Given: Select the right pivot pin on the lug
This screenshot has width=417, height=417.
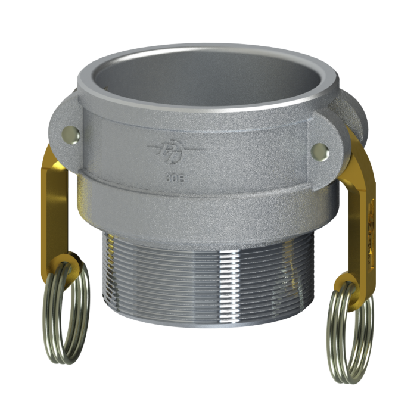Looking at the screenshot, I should click(x=319, y=150).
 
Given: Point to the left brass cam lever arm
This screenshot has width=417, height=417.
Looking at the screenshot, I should click(x=50, y=208).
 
